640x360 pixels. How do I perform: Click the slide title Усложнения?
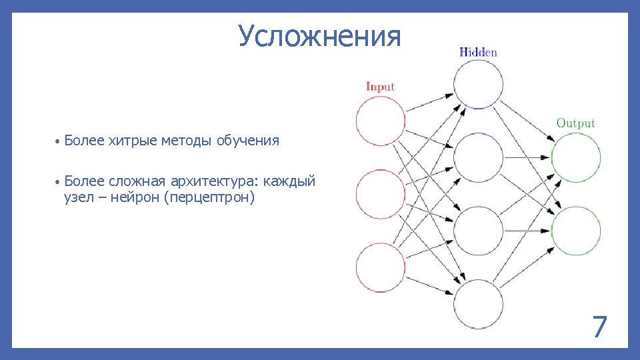click(320, 37)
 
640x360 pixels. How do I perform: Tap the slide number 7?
click(599, 327)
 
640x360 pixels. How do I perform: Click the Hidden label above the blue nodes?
click(478, 52)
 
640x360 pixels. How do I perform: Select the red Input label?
click(381, 87)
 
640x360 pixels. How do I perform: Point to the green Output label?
click(575, 123)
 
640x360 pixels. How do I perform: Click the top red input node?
click(381, 121)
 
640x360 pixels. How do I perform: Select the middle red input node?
click(381, 194)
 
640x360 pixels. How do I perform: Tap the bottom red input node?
click(381, 268)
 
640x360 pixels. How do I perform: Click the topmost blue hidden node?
click(479, 84)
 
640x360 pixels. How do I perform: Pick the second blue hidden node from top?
click(479, 157)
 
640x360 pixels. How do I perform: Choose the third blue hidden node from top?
click(479, 231)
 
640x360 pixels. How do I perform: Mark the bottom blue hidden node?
click(479, 304)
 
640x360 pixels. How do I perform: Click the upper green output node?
click(576, 157)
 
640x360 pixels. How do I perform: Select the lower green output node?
click(576, 231)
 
